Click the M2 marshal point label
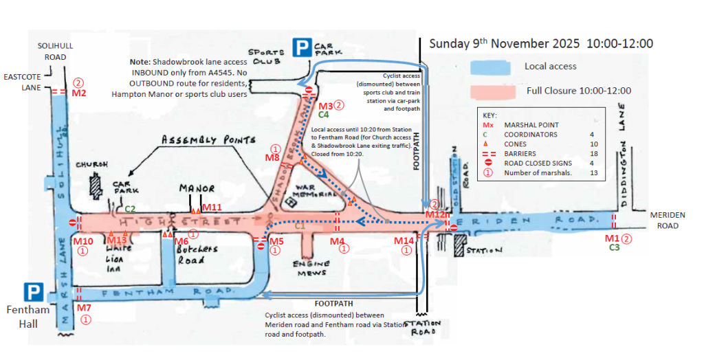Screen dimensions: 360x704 (79, 93)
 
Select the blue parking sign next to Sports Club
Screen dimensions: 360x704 (302, 47)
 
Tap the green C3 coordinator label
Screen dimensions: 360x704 (615, 247)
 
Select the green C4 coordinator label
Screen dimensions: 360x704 (323, 115)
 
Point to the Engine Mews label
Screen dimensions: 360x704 (311, 268)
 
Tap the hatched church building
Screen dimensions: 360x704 (96, 185)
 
